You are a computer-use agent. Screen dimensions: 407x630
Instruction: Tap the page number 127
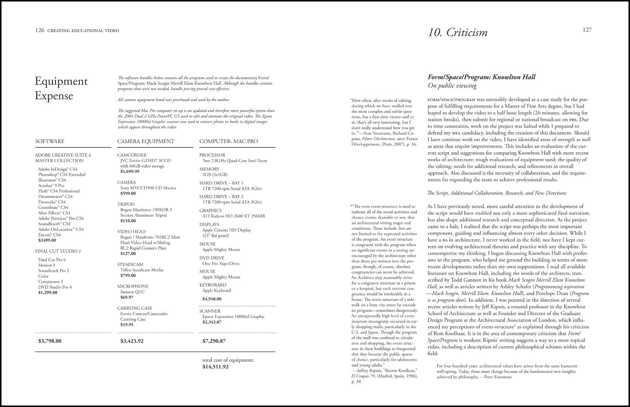tap(587, 30)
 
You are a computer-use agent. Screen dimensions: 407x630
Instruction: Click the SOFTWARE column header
tap(50, 142)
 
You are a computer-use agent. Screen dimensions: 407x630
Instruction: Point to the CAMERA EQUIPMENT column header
tap(146, 142)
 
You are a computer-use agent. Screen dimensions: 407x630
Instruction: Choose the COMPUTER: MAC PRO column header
tap(228, 142)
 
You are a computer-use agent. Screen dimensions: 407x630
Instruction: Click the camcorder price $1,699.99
tap(130, 172)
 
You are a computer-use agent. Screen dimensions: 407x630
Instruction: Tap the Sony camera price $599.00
tap(128, 194)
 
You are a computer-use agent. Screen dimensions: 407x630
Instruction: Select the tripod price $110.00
tap(128, 221)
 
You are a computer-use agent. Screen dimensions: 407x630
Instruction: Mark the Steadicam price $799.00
tap(128, 276)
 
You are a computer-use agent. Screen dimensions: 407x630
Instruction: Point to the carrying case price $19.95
tap(127, 325)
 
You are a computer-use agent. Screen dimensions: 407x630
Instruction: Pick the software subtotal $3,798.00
tap(50, 341)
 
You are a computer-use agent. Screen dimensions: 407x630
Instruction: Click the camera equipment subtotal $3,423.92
tap(132, 341)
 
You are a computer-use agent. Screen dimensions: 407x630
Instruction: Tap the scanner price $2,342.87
tap(212, 322)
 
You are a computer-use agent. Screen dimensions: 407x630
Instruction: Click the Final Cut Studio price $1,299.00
tap(48, 293)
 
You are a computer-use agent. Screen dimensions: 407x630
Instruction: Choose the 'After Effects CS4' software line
tap(54, 213)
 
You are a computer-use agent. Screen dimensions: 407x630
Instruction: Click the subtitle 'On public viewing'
tap(452, 86)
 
